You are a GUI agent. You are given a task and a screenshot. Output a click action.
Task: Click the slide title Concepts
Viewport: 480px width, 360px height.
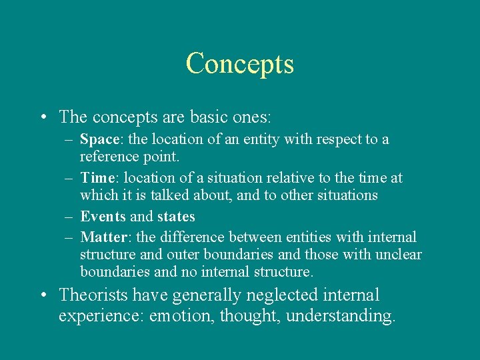tap(239, 64)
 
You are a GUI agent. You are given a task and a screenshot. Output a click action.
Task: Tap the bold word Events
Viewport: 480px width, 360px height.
tap(103, 217)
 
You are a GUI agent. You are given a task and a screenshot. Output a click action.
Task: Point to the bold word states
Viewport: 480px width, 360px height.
tap(176, 217)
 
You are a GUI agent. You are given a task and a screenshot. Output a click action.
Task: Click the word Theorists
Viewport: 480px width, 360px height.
tap(93, 295)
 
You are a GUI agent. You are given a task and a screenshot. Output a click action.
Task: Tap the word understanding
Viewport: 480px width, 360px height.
tap(341, 315)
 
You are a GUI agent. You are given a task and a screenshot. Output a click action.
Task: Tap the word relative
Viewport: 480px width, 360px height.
tap(289, 178)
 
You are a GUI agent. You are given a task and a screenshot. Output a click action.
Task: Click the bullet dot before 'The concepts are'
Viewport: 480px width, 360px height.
tap(43, 118)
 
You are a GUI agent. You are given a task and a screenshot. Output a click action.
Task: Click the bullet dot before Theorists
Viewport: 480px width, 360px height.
tap(43, 295)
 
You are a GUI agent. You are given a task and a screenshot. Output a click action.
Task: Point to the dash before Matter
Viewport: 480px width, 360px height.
tap(69, 237)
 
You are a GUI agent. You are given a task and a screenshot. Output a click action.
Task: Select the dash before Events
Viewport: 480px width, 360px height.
tap(69, 217)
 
